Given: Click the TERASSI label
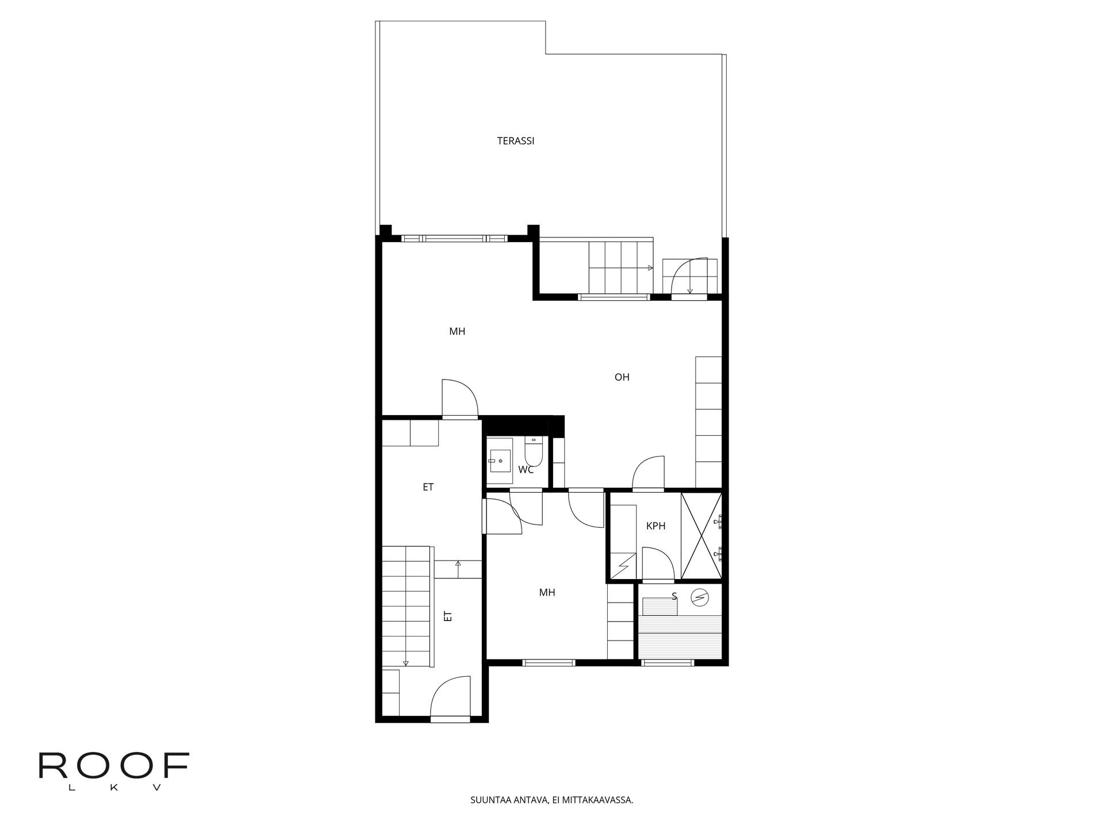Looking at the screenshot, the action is click(x=516, y=141).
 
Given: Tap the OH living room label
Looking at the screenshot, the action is click(x=622, y=377).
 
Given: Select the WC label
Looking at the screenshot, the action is click(x=526, y=470).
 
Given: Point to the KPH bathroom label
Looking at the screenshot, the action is click(x=656, y=526).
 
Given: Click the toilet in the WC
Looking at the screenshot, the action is click(x=533, y=451).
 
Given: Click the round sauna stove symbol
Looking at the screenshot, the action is click(x=699, y=599).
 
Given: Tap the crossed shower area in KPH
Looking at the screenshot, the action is click(x=701, y=535).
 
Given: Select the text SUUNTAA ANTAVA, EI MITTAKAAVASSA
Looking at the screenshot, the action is click(x=552, y=800).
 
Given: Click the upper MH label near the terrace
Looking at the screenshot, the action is click(x=457, y=332).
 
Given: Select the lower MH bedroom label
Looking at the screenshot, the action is click(x=547, y=593).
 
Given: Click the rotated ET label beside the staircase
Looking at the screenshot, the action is click(x=448, y=616).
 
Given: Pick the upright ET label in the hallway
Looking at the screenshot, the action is click(x=428, y=487).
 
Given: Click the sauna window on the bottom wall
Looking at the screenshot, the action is click(x=668, y=662).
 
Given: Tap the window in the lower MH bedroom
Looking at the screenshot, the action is click(x=549, y=662).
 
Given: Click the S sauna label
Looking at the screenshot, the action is click(x=674, y=596).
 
